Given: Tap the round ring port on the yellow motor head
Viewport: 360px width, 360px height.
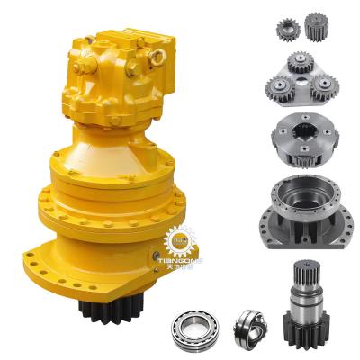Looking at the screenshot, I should click(156, 57).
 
